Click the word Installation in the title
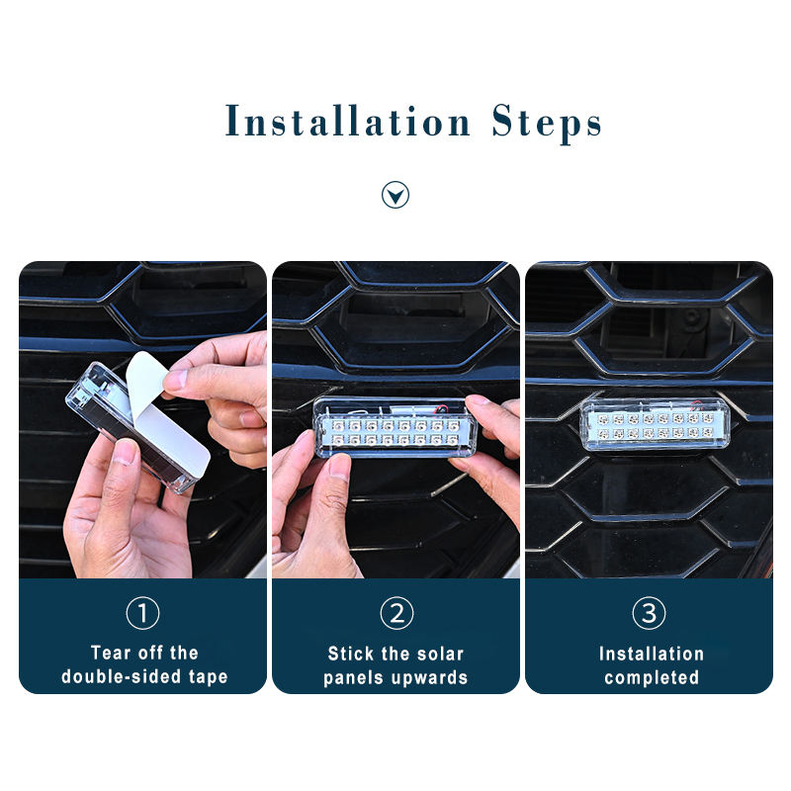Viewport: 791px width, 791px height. (x=348, y=121)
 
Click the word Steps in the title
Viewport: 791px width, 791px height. (x=547, y=123)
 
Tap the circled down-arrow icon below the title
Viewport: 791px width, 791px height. (x=395, y=195)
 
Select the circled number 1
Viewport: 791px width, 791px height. (x=142, y=613)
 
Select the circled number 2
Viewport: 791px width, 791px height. (x=396, y=613)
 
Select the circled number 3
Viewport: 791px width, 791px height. (x=649, y=613)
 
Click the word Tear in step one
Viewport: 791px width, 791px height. (x=111, y=653)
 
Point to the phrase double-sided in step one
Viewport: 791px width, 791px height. (x=121, y=676)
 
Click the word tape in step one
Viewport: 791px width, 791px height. (x=209, y=677)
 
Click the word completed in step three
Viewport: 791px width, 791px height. (x=652, y=678)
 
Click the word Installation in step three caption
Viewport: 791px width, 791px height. (x=652, y=654)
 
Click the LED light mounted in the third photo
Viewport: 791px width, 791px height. (x=655, y=424)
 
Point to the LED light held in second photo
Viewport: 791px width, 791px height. (x=395, y=427)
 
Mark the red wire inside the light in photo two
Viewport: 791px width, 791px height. (x=441, y=408)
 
